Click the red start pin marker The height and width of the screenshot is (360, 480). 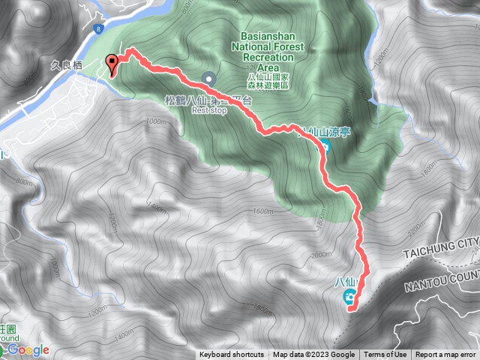tap(112, 65)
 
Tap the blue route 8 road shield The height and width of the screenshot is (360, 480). tap(98, 28)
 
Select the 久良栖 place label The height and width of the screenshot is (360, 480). tap(76, 66)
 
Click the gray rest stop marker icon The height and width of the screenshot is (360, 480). tap(208, 78)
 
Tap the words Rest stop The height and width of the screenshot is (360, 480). tap(208, 109)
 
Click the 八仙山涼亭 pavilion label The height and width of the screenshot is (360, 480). tap(324, 132)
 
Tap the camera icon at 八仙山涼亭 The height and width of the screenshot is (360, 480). tap(326, 145)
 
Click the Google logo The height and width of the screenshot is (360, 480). tap(28, 349)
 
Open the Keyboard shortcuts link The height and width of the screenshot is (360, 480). tap(232, 355)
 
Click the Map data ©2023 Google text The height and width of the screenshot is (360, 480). tap(313, 355)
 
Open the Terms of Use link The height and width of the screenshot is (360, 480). tap(385, 355)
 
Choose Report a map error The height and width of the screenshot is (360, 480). tap(446, 355)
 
